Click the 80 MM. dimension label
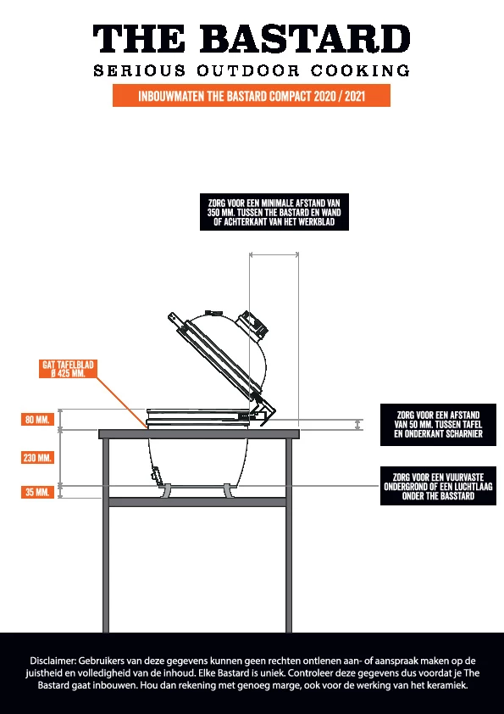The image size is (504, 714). (38, 420)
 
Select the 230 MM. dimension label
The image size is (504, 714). (38, 458)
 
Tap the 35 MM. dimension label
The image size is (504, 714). (38, 492)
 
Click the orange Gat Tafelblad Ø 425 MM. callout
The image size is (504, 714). (69, 369)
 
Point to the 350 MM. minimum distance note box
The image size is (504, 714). (274, 212)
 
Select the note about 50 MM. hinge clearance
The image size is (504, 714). (438, 424)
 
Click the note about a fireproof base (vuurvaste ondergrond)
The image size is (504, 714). (438, 486)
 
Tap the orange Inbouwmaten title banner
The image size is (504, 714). (252, 96)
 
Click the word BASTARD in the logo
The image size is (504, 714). (305, 39)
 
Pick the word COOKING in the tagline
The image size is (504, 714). (360, 71)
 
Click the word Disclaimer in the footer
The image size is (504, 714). (53, 661)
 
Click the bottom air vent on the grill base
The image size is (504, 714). (156, 476)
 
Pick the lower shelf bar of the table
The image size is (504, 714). (198, 502)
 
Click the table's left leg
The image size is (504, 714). (106, 536)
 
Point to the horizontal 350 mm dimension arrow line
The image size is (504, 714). (274, 255)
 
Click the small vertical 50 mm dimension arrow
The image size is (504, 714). (358, 425)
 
